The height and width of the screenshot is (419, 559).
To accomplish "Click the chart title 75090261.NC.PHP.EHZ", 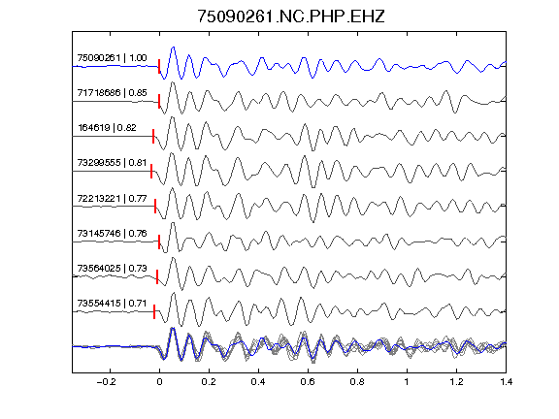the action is click(291, 16).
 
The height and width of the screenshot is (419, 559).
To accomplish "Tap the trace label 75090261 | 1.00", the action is click(112, 58).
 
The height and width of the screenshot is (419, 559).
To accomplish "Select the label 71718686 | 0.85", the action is click(112, 93).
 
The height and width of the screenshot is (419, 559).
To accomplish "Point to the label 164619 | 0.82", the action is click(107, 128).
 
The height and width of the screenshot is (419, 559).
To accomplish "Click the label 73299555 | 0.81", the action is click(112, 163).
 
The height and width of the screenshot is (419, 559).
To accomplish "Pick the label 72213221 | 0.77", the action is click(112, 198).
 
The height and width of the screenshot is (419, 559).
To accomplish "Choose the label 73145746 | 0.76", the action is click(112, 234).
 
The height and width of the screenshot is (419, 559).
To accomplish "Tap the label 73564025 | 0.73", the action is click(112, 269).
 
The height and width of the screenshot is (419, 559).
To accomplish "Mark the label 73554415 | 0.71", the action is click(112, 304).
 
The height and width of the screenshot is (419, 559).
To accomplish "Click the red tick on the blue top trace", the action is click(159, 66).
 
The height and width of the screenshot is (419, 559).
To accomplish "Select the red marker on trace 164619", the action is click(153, 136).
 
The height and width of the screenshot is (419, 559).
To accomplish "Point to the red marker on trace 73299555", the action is click(151, 171).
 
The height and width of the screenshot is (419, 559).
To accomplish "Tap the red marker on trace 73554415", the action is click(154, 311).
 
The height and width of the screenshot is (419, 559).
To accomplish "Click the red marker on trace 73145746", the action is click(159, 242).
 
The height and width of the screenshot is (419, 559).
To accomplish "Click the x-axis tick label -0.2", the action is click(107, 382).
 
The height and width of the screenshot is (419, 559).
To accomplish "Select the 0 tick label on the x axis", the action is click(159, 382).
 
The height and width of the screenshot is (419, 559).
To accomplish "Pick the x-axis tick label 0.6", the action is click(308, 382).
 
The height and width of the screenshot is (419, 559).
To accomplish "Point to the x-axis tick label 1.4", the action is click(506, 382).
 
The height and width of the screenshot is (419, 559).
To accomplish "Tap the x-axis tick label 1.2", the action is click(456, 382).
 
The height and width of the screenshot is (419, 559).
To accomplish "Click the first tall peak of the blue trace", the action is click(174, 47).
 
